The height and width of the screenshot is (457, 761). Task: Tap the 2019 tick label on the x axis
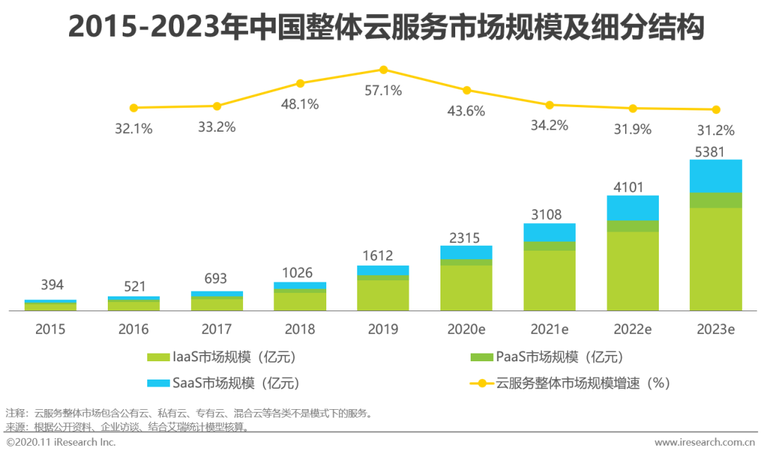[x=383, y=329]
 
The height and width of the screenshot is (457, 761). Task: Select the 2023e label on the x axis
[x=715, y=329]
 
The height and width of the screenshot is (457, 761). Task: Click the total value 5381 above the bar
[x=716, y=151]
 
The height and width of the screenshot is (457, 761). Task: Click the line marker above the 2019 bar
[x=383, y=70]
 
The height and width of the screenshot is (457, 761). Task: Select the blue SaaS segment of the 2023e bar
[x=716, y=176]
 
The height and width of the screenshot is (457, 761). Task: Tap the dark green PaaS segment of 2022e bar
[x=633, y=226]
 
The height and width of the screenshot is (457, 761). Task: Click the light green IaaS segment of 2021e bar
[x=550, y=280]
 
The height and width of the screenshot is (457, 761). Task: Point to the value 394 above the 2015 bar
[x=51, y=285]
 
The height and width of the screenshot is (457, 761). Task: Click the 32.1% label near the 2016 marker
[x=134, y=129]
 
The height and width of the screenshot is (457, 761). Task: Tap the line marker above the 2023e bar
[x=716, y=110]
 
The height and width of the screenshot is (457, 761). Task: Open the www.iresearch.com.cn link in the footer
[x=705, y=442]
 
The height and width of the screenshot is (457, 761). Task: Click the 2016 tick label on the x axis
[x=134, y=329]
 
